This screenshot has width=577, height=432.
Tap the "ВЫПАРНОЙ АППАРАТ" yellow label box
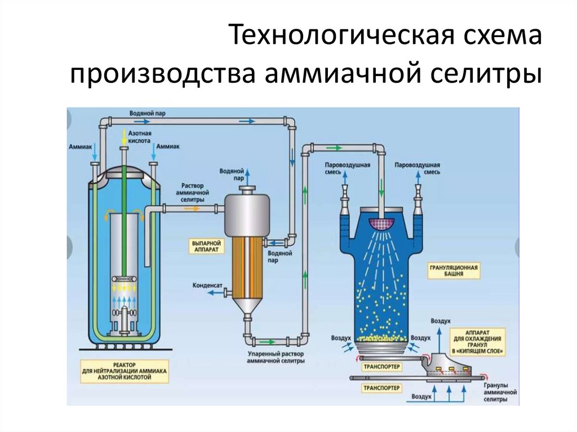click(x=206, y=246)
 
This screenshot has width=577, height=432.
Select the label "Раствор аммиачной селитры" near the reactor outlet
click(x=189, y=192)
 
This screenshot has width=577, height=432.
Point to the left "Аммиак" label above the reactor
click(x=79, y=146)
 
